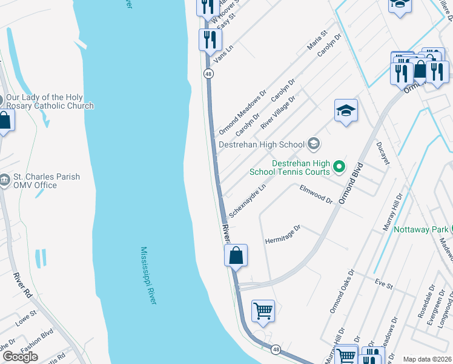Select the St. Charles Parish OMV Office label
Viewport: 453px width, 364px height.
[x=38, y=181]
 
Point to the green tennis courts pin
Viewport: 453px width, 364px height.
[x=339, y=166]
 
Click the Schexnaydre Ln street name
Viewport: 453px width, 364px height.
[x=248, y=202]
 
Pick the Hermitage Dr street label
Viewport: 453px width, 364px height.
[x=283, y=235]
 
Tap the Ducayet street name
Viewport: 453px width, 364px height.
[x=383, y=154]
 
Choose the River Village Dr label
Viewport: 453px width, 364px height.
[x=278, y=112]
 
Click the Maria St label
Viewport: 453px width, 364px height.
[x=317, y=41]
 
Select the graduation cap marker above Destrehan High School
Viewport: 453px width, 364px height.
[x=346, y=110]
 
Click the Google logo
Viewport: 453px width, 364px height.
[x=20, y=356]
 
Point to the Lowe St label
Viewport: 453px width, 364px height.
[x=26, y=318]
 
